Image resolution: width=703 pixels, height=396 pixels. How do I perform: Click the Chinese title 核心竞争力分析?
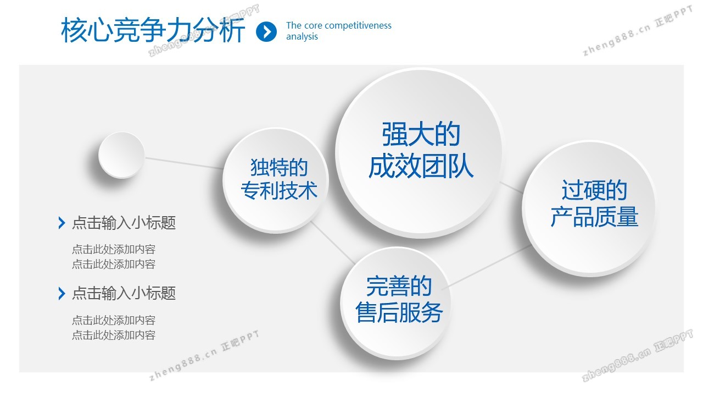153,30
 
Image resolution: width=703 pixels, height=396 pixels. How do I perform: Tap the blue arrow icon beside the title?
266,31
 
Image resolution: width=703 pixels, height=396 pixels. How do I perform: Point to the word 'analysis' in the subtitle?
302,37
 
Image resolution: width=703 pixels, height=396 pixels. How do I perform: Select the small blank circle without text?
121,155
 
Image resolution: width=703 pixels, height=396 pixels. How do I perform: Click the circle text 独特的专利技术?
278,179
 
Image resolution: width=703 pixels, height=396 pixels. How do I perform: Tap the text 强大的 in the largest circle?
421,134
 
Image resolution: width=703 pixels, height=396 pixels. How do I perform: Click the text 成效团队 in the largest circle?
421,167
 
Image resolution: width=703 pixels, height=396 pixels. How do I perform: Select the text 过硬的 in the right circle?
594,190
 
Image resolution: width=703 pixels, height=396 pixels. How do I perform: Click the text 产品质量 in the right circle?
594,217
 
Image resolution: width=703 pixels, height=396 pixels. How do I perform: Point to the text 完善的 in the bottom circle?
399,286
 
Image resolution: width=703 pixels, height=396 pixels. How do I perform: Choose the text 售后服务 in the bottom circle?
399,312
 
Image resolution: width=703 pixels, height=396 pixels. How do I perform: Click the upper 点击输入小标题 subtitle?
124,223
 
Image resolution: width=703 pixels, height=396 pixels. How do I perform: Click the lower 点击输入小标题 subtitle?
124,293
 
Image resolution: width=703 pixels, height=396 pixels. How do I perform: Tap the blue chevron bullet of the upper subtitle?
62,223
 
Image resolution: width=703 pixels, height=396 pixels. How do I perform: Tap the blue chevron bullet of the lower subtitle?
62,294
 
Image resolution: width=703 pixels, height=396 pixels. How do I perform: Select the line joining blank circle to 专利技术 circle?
183,163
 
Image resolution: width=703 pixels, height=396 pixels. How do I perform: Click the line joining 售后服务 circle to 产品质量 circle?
487,267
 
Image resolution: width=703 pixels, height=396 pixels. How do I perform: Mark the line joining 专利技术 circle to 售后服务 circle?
333,243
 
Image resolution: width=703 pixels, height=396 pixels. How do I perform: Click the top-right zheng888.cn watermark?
637,31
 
